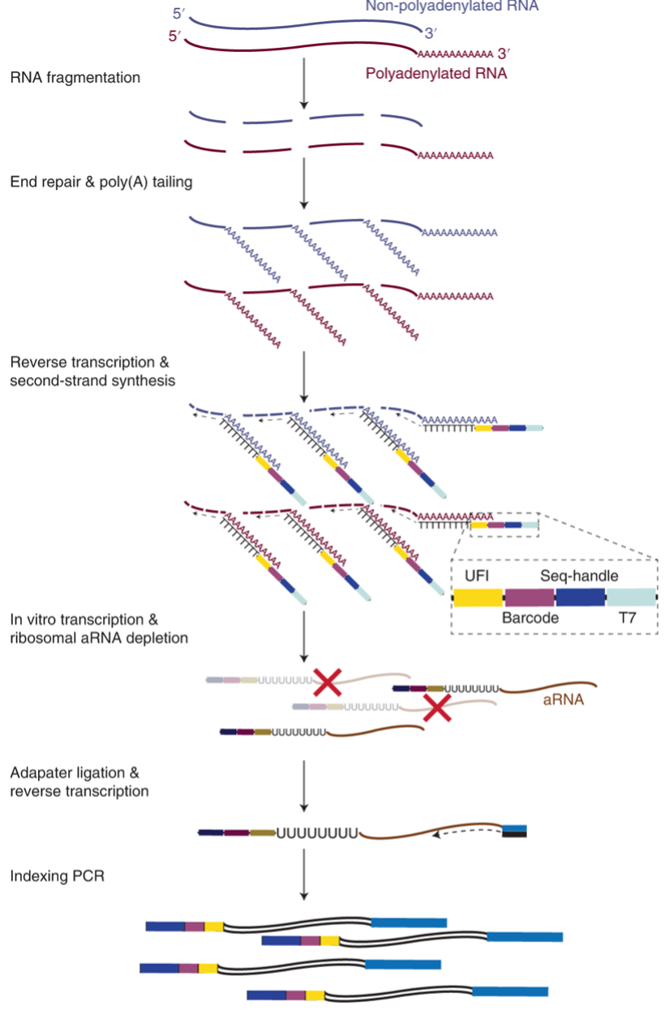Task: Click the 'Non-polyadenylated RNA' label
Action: pyautogui.click(x=452, y=6)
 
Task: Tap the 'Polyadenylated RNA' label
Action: pyautogui.click(x=436, y=74)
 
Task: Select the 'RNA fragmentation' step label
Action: pyautogui.click(x=75, y=78)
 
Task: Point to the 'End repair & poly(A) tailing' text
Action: pyautogui.click(x=101, y=182)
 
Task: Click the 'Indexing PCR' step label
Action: pyautogui.click(x=58, y=876)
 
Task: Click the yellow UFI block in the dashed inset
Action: pyautogui.click(x=478, y=597)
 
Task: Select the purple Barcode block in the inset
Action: pyautogui.click(x=530, y=597)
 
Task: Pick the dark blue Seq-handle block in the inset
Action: pyautogui.click(x=581, y=597)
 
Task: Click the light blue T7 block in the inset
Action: pyautogui.click(x=632, y=597)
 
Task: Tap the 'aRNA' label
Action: pyautogui.click(x=563, y=699)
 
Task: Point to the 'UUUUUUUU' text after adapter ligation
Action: pyautogui.click(x=318, y=833)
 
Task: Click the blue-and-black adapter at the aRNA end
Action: pyautogui.click(x=515, y=832)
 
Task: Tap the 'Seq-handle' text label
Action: pyautogui.click(x=579, y=576)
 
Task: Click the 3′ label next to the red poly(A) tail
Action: pyautogui.click(x=504, y=54)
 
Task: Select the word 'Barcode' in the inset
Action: pyautogui.click(x=530, y=618)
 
